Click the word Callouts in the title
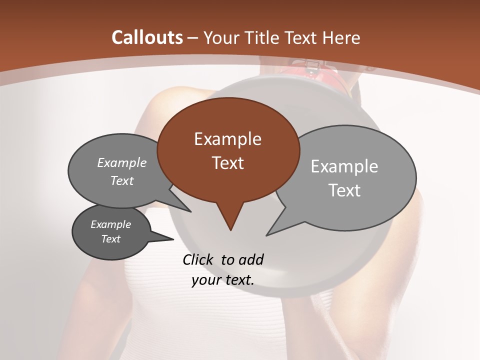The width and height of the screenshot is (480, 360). click(147, 37)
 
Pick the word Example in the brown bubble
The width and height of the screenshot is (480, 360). click(227, 139)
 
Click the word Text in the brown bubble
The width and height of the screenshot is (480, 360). click(227, 163)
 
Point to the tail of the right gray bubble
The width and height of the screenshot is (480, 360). click(278, 225)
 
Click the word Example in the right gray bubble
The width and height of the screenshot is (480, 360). click(344, 166)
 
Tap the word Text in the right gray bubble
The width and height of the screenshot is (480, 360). click(344, 190)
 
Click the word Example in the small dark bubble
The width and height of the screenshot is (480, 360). click(110, 225)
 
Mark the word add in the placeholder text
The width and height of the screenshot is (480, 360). click(251, 259)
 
